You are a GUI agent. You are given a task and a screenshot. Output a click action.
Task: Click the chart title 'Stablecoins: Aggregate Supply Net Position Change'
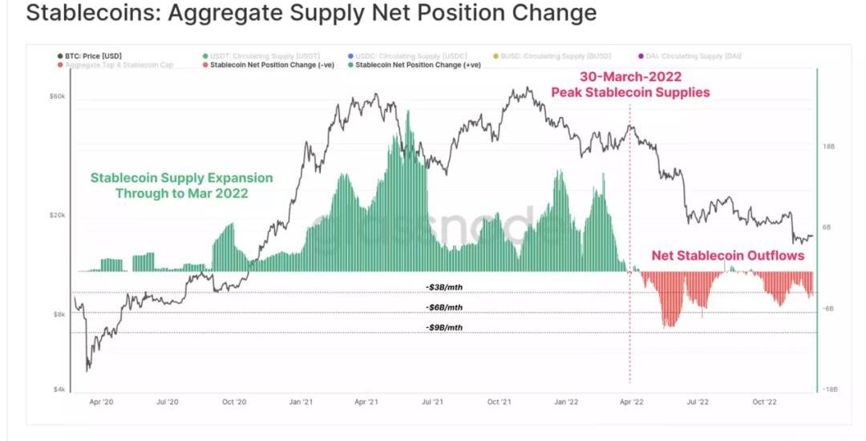[x=312, y=14]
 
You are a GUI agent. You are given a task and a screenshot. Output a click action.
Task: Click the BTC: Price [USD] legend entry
[x=91, y=56]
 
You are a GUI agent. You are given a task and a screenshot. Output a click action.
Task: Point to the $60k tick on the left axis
[x=56, y=96]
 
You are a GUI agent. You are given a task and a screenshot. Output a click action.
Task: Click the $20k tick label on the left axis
[x=56, y=216]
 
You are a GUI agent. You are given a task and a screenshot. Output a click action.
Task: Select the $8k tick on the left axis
[x=59, y=315]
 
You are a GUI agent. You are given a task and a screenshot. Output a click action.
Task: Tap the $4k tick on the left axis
[x=59, y=390]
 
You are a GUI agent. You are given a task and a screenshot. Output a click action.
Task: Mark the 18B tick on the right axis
[x=828, y=147]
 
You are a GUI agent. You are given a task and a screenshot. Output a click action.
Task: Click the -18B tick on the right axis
[x=829, y=390]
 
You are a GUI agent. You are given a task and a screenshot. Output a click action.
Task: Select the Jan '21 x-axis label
[x=300, y=403]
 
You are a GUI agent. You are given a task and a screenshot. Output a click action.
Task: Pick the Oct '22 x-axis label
[x=764, y=403]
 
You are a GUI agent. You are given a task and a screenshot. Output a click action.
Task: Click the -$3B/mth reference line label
[x=443, y=287]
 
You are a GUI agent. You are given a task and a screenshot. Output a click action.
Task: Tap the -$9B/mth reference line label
[x=443, y=327]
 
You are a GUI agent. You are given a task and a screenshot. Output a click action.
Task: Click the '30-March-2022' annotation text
[x=630, y=78]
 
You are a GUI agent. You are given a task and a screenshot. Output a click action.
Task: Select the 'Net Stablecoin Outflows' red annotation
[x=727, y=256]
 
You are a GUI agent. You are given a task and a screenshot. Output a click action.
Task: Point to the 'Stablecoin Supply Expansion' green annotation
[x=181, y=178]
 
